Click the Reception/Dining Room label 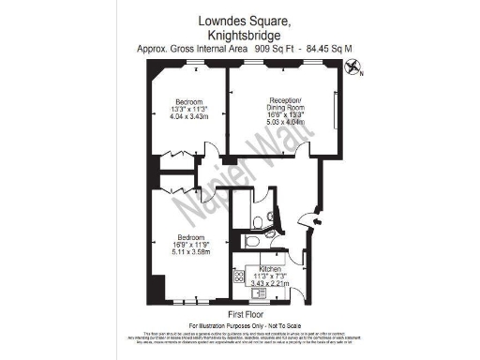(286, 99)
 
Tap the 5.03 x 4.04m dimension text (286, 120)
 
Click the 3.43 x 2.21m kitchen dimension (260, 282)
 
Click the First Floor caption (240, 314)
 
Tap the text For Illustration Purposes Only (240, 324)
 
